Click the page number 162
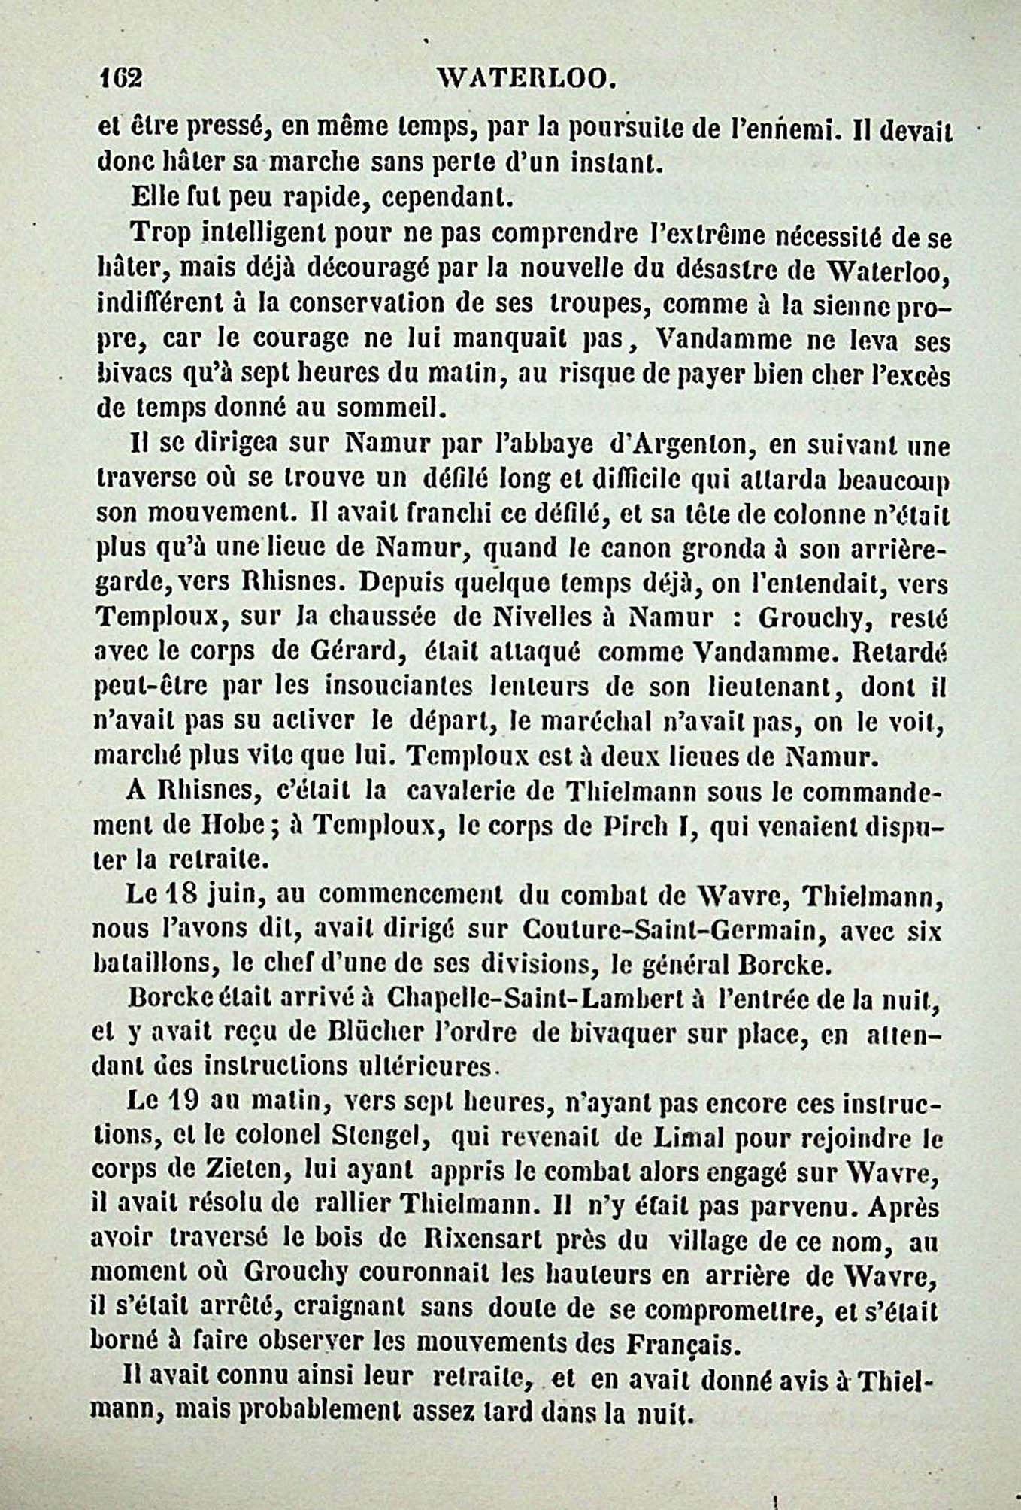(120, 78)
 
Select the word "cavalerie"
(477, 791)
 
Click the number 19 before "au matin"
(180, 1103)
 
